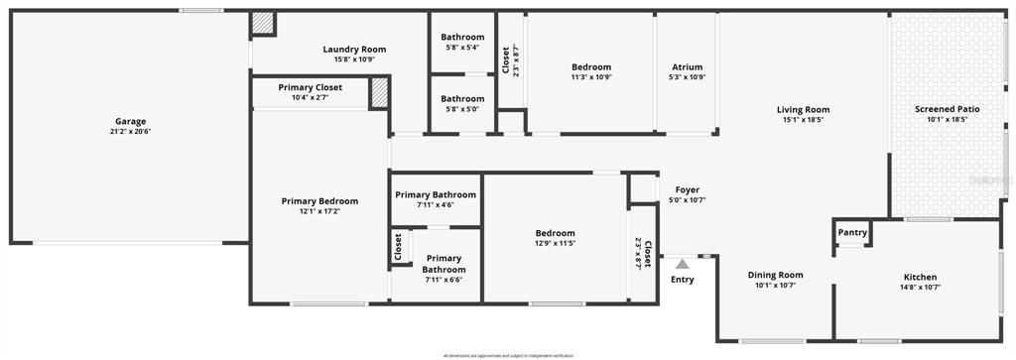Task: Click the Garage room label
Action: (130, 122)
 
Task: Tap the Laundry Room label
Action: (354, 49)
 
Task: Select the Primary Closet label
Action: (310, 87)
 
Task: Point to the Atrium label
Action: (687, 67)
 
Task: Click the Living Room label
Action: (803, 110)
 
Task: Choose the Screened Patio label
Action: (947, 109)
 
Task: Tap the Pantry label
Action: (852, 233)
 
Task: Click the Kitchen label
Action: (920, 277)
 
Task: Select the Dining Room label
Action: (775, 275)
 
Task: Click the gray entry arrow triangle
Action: (682, 264)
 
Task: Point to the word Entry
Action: (683, 280)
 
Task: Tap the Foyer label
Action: (688, 189)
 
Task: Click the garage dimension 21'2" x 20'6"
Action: (130, 132)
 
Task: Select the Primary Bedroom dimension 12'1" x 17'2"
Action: (319, 211)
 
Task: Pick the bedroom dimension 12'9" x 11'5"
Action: (555, 243)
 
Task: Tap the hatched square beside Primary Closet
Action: (378, 92)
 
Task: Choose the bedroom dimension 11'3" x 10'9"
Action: (590, 77)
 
